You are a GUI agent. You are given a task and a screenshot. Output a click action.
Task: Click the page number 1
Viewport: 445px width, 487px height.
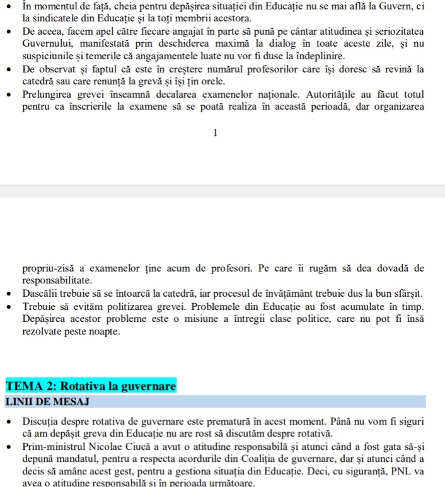tap(216, 133)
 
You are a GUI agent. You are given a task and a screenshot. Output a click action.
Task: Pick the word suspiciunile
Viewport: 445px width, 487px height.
tap(51, 57)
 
